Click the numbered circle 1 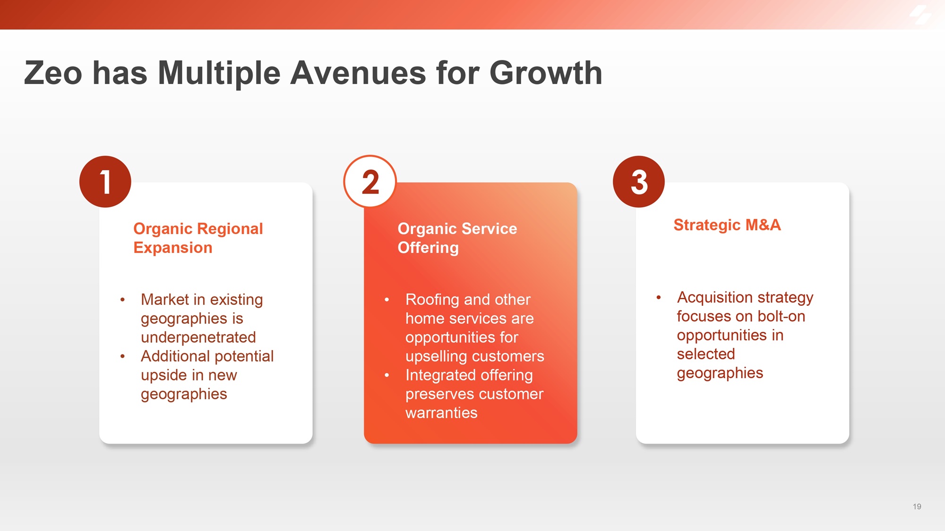tap(105, 182)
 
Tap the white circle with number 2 tap(370, 182)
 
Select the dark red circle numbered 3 tap(639, 182)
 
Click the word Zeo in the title tap(53, 73)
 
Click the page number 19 tap(917, 506)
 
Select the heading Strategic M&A tap(727, 225)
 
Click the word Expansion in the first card tap(173, 248)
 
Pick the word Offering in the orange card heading tap(428, 248)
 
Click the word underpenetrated tap(198, 337)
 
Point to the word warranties tap(441, 413)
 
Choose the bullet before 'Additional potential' tap(122, 356)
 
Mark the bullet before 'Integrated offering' tap(387, 375)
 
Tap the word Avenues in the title tap(358, 73)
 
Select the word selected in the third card tap(706, 354)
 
